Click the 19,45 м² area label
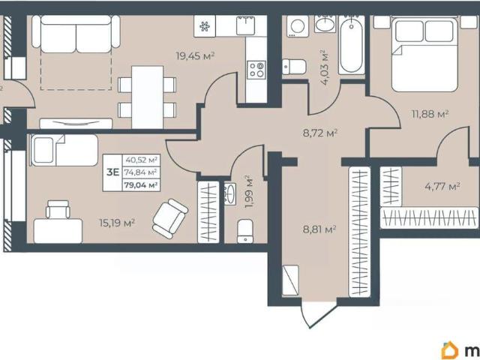tap(195, 56)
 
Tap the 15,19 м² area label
tap(117, 223)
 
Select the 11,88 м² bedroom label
tap(430, 114)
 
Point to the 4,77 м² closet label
tap(442, 186)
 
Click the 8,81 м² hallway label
tap(319, 229)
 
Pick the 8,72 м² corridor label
tap(320, 133)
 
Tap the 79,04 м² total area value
tap(141, 185)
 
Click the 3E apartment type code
tap(112, 172)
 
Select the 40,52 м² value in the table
tap(141, 160)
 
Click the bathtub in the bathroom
tap(352, 45)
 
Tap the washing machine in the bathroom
tap(298, 26)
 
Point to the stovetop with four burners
tap(256, 70)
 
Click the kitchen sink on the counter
tap(245, 25)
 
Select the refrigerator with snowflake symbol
tap(205, 26)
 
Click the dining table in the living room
tap(147, 97)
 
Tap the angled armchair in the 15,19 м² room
tap(170, 218)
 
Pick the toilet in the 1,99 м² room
tap(245, 231)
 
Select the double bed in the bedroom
tap(424, 55)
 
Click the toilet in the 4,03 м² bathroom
tap(294, 67)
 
